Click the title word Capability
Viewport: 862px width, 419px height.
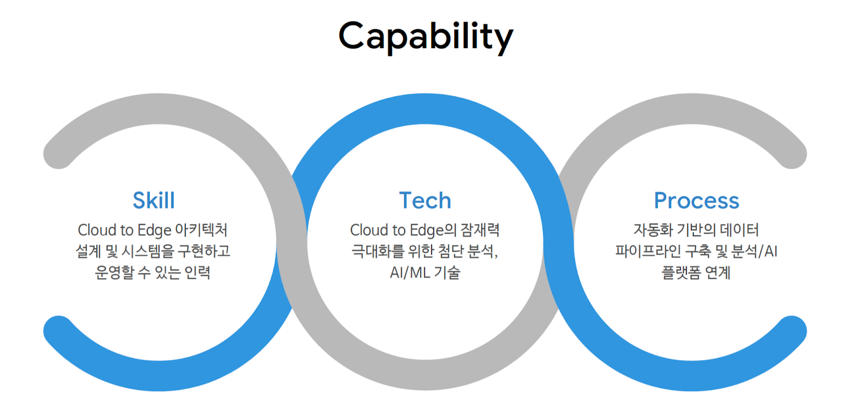(426, 37)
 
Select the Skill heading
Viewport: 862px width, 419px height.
(154, 200)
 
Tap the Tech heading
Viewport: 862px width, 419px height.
(425, 200)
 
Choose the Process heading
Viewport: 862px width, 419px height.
(697, 201)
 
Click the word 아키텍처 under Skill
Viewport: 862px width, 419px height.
(201, 230)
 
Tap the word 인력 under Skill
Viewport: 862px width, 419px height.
(197, 272)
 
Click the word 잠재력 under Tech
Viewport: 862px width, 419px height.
(480, 230)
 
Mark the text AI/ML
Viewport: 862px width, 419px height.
(410, 273)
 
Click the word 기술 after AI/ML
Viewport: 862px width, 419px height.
(447, 272)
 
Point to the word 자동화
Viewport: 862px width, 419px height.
(654, 230)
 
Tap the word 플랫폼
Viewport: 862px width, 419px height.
(682, 272)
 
